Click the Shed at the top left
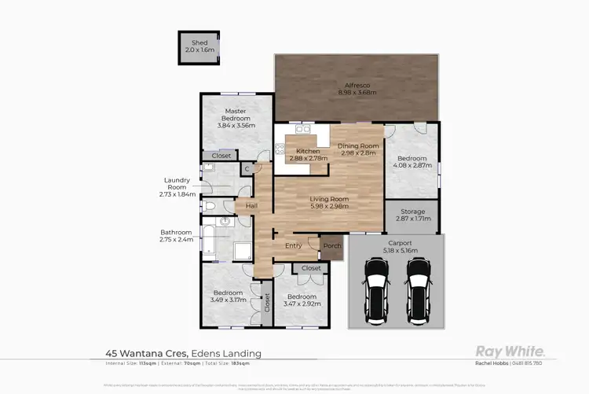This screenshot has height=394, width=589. click(192, 46)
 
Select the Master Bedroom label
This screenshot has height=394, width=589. click(236, 117)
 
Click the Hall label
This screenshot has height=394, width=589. click(251, 206)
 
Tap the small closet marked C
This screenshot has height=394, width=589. click(246, 168)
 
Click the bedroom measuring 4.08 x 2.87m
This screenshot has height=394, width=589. click(412, 161)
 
